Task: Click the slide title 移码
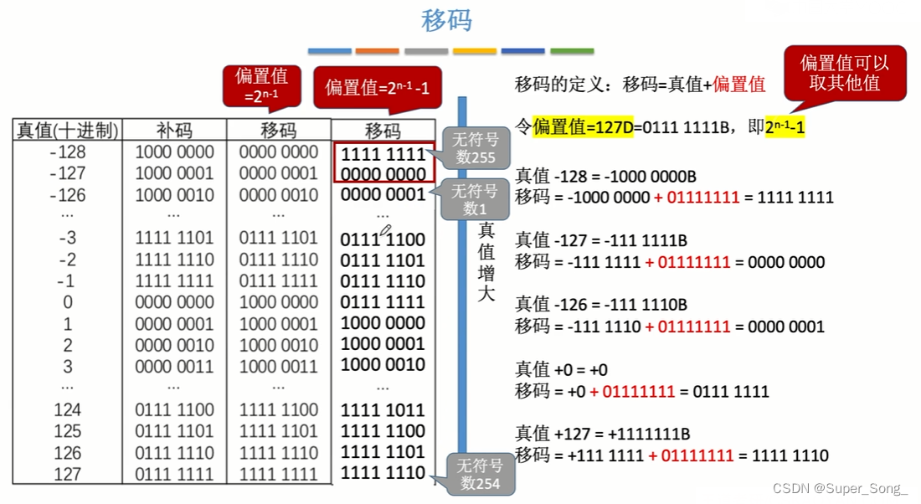pyautogui.click(x=447, y=20)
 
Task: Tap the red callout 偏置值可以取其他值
pyautogui.click(x=844, y=73)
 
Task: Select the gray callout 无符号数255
pyautogui.click(x=475, y=148)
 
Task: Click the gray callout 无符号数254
pyautogui.click(x=480, y=475)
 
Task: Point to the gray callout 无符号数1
pyautogui.click(x=475, y=200)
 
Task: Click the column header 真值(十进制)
pyautogui.click(x=68, y=131)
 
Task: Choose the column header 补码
pyautogui.click(x=174, y=131)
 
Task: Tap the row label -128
pyautogui.click(x=68, y=152)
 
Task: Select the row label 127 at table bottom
pyautogui.click(x=68, y=475)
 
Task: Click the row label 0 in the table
pyautogui.click(x=68, y=302)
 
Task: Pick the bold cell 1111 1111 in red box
pyautogui.click(x=383, y=153)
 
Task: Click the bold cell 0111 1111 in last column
pyautogui.click(x=383, y=302)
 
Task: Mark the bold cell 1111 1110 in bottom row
pyautogui.click(x=383, y=474)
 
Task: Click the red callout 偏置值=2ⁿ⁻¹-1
pyautogui.click(x=377, y=87)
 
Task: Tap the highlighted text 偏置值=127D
pyautogui.click(x=582, y=127)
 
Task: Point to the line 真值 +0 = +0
pyautogui.click(x=561, y=370)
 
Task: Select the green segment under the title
pyautogui.click(x=572, y=51)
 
